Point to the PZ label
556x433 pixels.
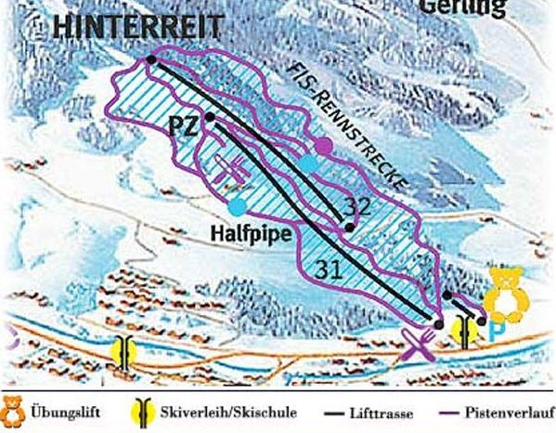point(184,125)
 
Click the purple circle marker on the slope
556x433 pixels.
point(322,146)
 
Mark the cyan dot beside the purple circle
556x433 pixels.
point(307,164)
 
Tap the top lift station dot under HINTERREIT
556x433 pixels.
point(151,60)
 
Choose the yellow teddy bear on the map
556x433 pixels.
point(506,293)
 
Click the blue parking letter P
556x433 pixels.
point(498,330)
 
